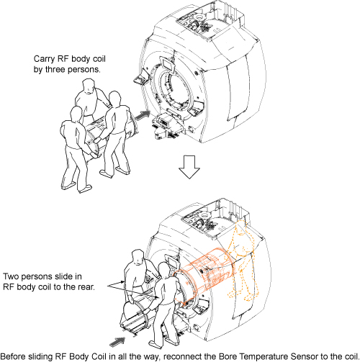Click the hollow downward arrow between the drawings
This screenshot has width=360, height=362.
pos(189,167)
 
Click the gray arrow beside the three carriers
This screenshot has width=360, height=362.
pos(143,115)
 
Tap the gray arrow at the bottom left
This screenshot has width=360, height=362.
pos(117,342)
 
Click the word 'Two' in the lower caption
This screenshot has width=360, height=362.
pos(12,276)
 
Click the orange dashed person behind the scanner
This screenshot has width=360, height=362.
pos(243,261)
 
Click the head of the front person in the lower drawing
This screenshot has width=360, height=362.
pos(165,271)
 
